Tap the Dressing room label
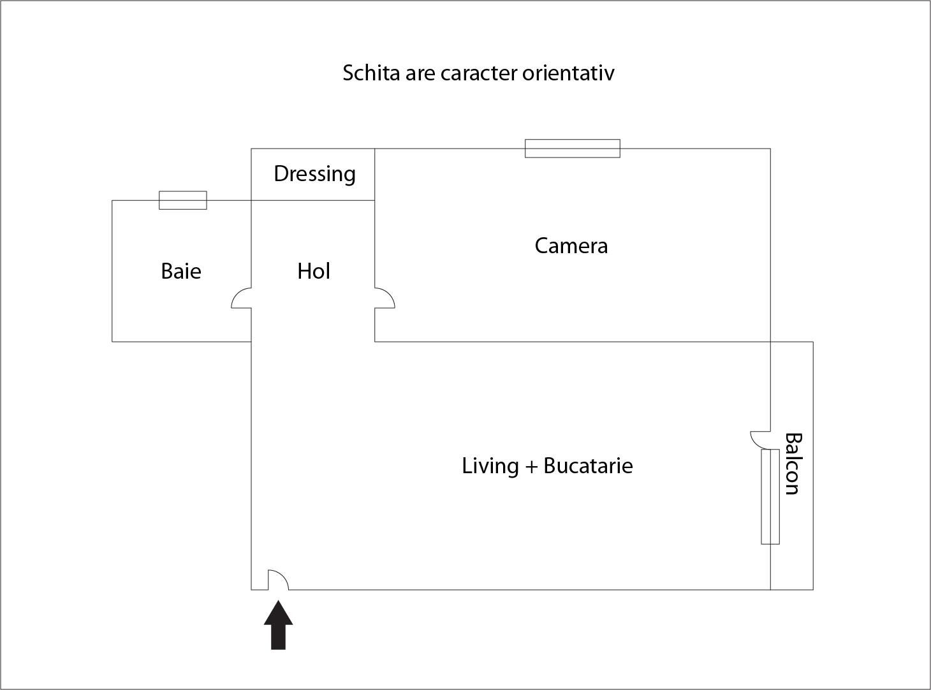[x=314, y=174]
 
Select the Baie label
[x=181, y=271]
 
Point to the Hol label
[x=314, y=271]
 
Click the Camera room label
[x=571, y=246]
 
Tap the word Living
[x=490, y=466]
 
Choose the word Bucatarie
[x=588, y=466]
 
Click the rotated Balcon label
[x=792, y=464]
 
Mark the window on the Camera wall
[x=572, y=148]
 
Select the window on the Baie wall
[x=182, y=200]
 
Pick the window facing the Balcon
[x=770, y=496]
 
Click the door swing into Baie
[x=241, y=298]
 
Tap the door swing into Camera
[x=385, y=298]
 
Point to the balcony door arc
[x=759, y=439]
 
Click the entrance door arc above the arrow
[x=278, y=580]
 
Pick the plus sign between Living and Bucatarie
[x=531, y=467]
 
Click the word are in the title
[x=420, y=73]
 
